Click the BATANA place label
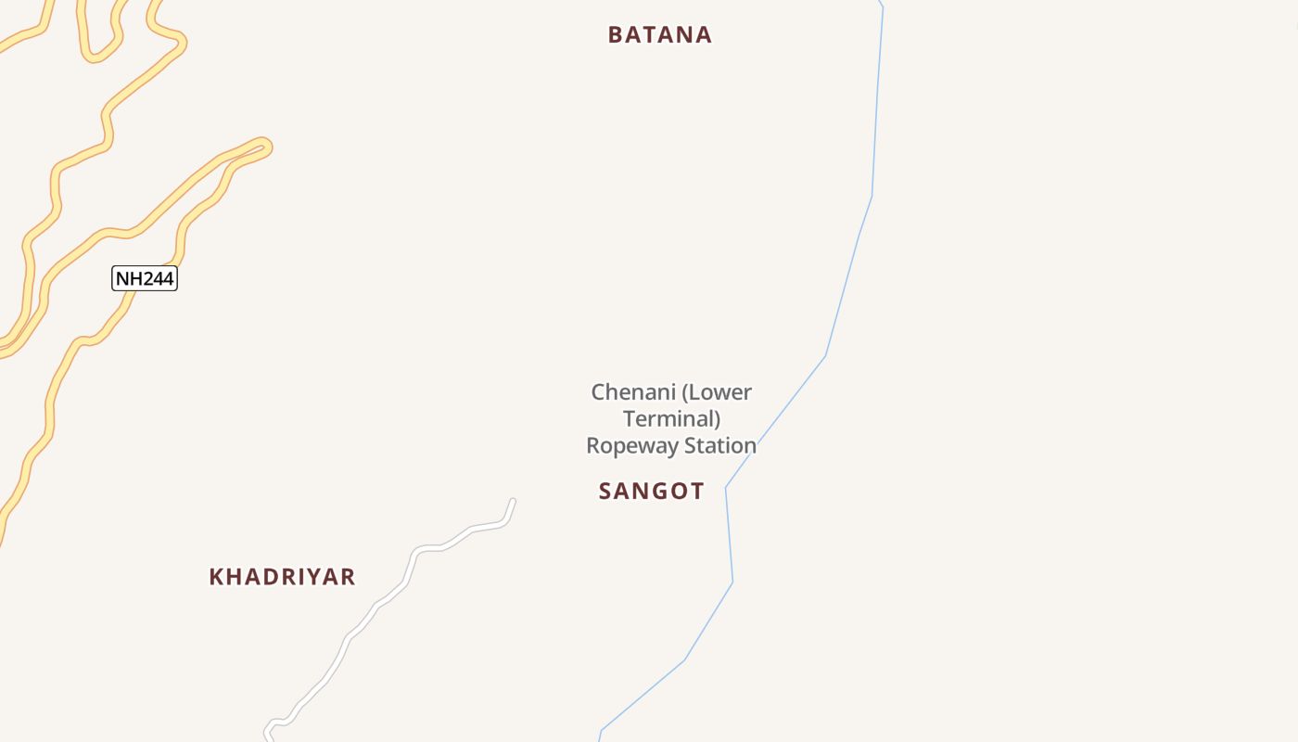pyautogui.click(x=659, y=35)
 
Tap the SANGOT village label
pyautogui.click(x=651, y=492)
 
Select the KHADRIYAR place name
pyautogui.click(x=282, y=577)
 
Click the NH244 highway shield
pyautogui.click(x=145, y=278)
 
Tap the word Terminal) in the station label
pyautogui.click(x=671, y=419)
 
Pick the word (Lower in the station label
pyautogui.click(x=716, y=392)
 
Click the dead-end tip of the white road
pyautogui.click(x=513, y=502)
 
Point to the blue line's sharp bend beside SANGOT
pyautogui.click(x=726, y=487)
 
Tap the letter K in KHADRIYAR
pyautogui.click(x=216, y=577)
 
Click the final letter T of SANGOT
pyautogui.click(x=697, y=492)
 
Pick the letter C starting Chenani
pyautogui.click(x=599, y=392)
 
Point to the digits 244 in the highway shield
pyautogui.click(x=157, y=278)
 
